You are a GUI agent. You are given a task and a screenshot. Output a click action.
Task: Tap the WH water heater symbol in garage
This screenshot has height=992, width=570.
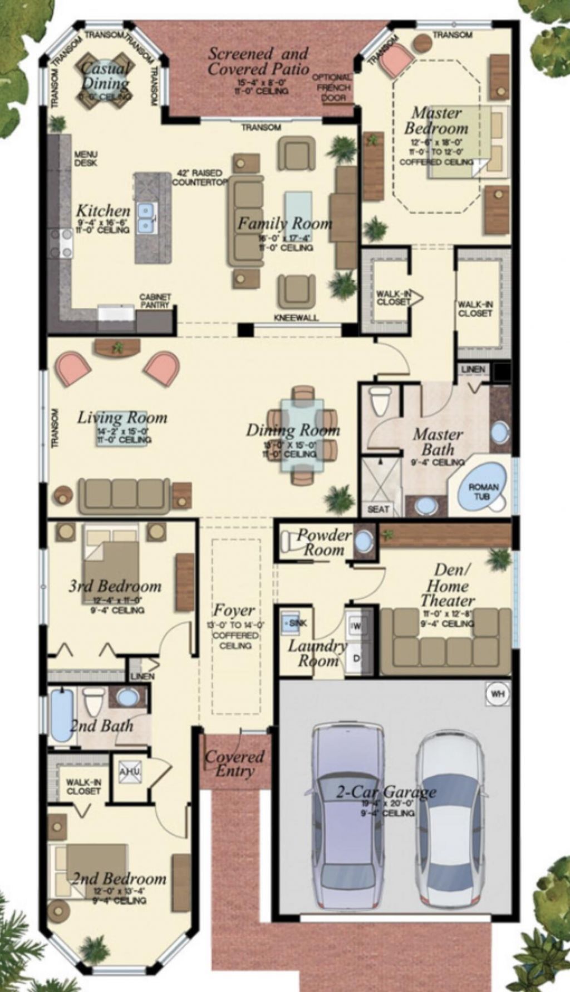click(497, 695)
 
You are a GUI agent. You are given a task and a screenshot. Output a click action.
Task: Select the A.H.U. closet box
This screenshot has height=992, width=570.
click(130, 771)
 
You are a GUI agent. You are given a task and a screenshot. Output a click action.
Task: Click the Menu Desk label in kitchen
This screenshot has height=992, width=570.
click(86, 158)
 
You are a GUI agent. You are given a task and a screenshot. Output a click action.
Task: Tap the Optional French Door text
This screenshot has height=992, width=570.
click(332, 87)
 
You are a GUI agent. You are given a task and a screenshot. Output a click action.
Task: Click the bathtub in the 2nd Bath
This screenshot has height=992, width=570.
click(62, 715)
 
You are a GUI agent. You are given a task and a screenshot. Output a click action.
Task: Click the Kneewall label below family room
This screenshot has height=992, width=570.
click(296, 318)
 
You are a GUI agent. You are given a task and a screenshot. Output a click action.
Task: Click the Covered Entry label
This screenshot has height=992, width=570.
click(234, 763)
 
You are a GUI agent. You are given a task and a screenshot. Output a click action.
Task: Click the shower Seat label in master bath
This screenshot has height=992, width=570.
click(378, 509)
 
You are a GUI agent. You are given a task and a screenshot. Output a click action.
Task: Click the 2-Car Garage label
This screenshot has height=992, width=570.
click(386, 792)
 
